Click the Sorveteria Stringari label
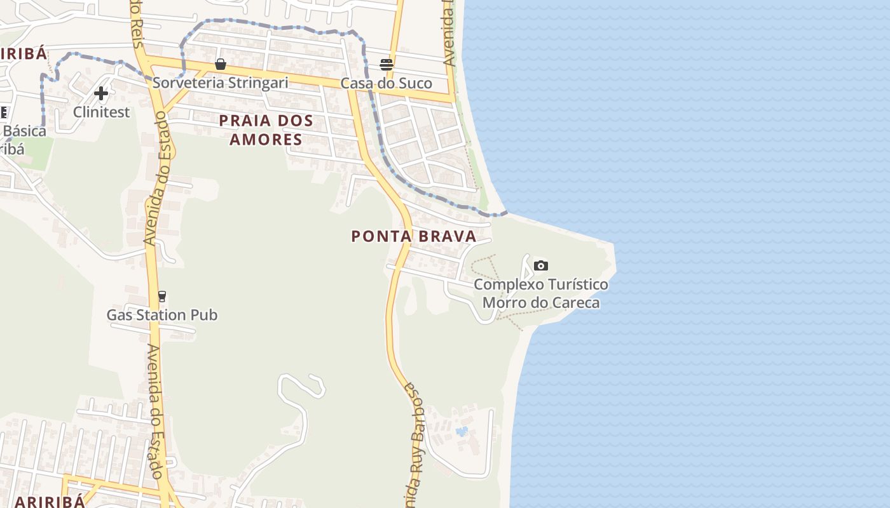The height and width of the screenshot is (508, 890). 220,83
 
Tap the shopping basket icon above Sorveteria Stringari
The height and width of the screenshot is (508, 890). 221,64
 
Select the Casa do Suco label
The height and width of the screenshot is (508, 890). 386,83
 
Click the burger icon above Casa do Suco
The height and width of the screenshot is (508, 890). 387,64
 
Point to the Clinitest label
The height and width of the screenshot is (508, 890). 101,112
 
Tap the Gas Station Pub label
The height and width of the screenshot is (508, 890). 161,315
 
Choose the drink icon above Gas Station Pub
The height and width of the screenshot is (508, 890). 161,296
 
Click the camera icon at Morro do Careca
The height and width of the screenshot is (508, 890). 540,265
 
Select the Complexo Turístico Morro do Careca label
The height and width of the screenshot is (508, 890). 540,293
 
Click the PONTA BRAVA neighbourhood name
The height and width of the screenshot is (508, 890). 414,236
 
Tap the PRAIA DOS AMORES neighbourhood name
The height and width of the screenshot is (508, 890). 266,130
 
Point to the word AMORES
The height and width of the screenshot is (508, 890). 266,139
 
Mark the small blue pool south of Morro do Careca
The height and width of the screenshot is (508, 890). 462,432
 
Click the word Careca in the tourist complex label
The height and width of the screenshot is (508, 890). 574,302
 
